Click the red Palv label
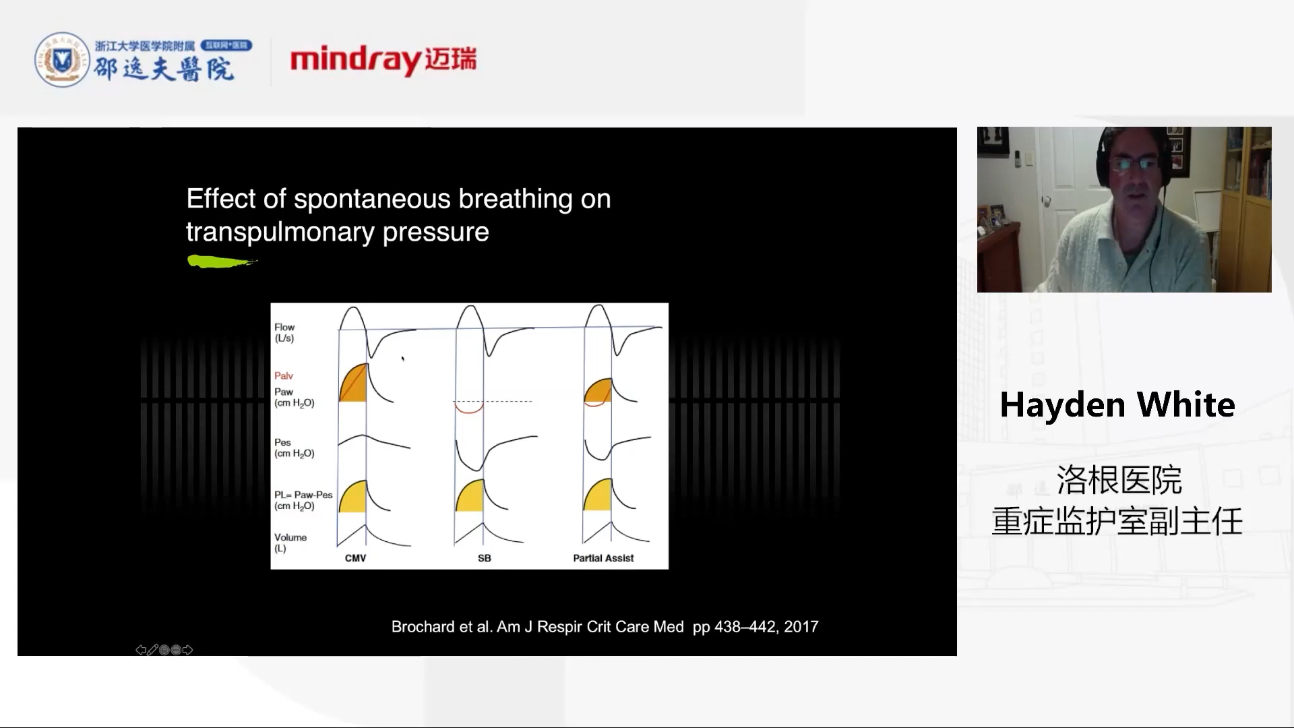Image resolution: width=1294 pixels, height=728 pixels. click(x=283, y=375)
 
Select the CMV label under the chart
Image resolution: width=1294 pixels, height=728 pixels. click(x=355, y=558)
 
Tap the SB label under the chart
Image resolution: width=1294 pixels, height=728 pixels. click(x=484, y=558)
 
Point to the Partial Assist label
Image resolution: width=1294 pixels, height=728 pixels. click(x=603, y=558)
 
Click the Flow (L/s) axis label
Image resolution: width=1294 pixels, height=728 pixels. click(x=284, y=332)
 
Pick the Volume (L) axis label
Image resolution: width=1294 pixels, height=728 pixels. click(x=290, y=543)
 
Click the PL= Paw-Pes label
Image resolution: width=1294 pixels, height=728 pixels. click(x=303, y=500)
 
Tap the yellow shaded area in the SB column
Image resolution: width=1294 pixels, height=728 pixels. click(x=470, y=496)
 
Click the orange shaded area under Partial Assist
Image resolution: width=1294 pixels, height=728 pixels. click(x=598, y=392)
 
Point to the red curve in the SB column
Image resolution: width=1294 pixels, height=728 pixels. click(x=468, y=408)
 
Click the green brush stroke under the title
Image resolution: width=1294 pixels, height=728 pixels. click(x=222, y=262)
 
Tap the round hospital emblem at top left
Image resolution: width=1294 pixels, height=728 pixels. click(x=62, y=60)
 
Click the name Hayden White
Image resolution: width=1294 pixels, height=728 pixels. click(x=1117, y=404)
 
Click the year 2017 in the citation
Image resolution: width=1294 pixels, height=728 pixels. click(x=801, y=627)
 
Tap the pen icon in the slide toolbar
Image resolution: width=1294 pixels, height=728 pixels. click(x=152, y=650)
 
